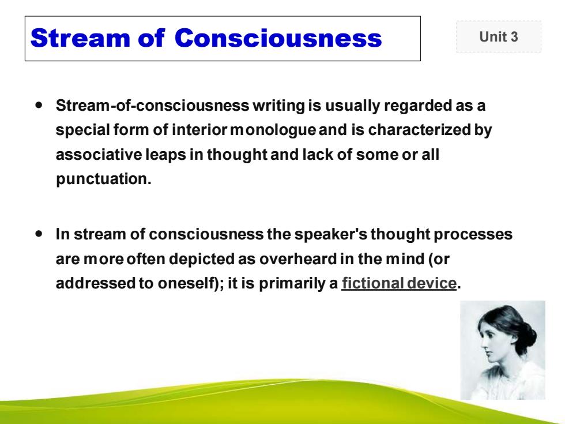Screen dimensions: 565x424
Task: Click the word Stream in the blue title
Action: (x=80, y=38)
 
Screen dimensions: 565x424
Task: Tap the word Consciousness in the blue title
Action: (x=278, y=38)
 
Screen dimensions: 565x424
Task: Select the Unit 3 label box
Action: (x=498, y=36)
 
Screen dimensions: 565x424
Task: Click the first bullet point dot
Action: (x=39, y=105)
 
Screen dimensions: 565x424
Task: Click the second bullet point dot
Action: (x=39, y=234)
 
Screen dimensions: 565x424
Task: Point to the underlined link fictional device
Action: (x=399, y=283)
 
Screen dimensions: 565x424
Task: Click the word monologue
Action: (x=273, y=130)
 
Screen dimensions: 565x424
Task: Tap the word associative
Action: (x=99, y=155)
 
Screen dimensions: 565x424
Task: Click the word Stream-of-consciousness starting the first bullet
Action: (x=152, y=106)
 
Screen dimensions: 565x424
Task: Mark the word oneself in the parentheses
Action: (x=186, y=283)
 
